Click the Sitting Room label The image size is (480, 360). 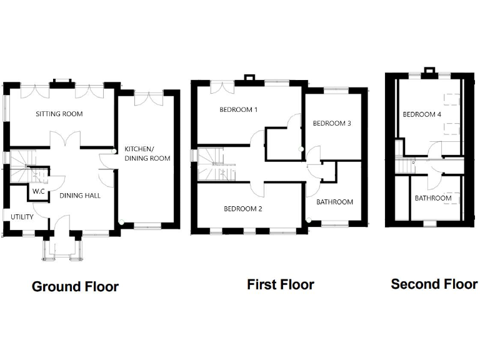coord(59,114)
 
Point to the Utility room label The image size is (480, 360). coord(21,216)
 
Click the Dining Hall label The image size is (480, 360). coord(80,195)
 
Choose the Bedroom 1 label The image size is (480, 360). coord(238,109)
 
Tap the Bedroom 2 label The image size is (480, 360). coord(243,209)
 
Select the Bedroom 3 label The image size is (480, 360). coord(332,123)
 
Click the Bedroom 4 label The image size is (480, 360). coord(422,114)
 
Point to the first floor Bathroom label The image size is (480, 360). coord(334,202)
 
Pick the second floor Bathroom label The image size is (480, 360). coord(433,198)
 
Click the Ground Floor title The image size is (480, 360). coord(75,287)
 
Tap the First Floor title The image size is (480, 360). coord(280,285)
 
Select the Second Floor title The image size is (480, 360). coord(434,284)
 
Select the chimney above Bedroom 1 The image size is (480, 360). coord(249,78)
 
